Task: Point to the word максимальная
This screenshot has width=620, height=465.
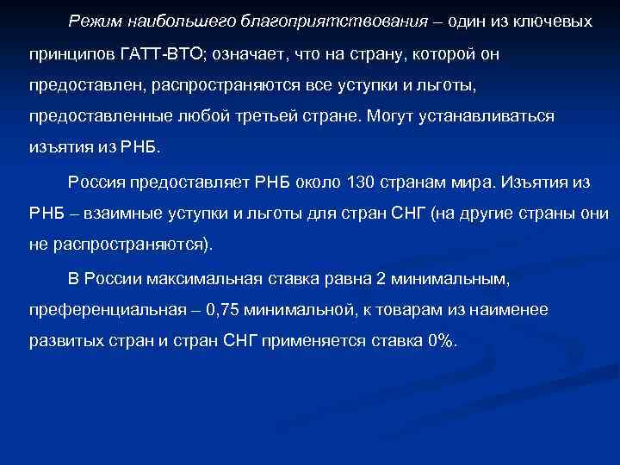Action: point(201,279)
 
